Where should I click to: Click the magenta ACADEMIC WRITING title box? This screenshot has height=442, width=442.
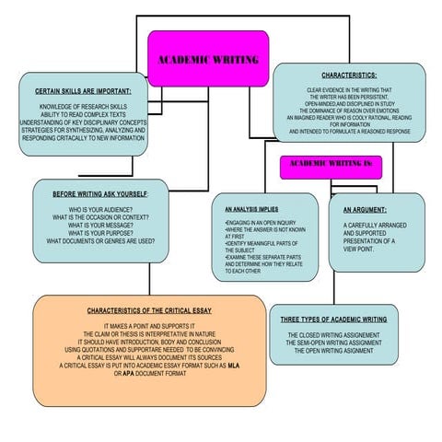click(208, 59)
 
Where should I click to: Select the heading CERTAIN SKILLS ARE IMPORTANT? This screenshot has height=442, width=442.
click(84, 91)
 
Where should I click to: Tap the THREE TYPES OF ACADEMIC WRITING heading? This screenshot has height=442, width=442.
click(333, 319)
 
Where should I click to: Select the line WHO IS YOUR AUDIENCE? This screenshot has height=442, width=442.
click(100, 211)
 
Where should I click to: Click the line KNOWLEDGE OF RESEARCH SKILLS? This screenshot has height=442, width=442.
click(83, 106)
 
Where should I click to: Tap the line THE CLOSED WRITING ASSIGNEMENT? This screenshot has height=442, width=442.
click(332, 334)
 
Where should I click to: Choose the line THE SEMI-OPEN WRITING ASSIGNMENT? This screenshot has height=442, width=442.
click(332, 343)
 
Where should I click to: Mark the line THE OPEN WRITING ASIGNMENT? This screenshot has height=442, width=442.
click(332, 351)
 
